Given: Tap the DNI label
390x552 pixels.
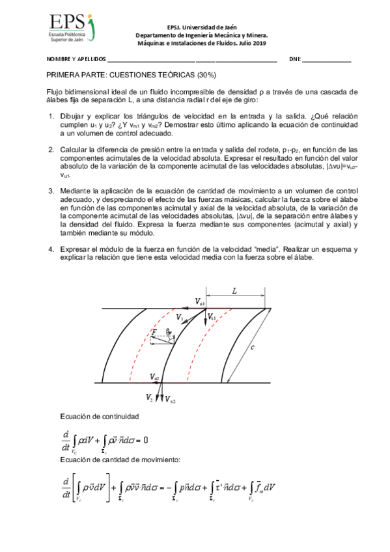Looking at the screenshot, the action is [294, 59].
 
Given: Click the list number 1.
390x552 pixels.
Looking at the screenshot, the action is [51, 116].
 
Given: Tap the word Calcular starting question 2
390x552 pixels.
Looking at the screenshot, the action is [74, 149].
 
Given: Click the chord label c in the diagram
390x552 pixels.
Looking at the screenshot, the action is [252, 347].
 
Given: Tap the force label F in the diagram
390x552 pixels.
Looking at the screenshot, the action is [154, 333].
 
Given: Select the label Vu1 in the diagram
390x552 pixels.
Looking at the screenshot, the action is [200, 303].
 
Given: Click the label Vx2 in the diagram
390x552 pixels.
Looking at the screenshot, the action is [169, 399].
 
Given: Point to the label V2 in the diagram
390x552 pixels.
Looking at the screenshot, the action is [150, 396].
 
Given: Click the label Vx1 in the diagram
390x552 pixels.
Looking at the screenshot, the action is [212, 318].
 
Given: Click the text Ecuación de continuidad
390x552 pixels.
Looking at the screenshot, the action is [99, 415].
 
